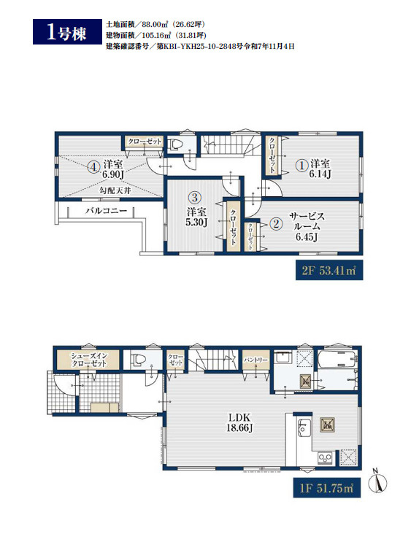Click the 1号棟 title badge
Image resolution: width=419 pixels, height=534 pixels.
[67, 31]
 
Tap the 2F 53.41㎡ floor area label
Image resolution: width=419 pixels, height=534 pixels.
[329, 271]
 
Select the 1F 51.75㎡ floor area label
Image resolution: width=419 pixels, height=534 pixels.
[327, 488]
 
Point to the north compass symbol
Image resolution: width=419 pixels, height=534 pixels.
[378, 481]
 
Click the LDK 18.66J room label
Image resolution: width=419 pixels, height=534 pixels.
[239, 422]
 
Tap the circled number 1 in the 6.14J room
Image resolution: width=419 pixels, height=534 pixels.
[301, 166]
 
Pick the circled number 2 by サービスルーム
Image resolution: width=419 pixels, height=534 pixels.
[276, 224]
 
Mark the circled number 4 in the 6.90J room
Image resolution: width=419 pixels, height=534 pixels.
[93, 167]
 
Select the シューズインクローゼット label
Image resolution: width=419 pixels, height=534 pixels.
[88, 360]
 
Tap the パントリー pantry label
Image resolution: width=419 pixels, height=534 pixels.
[255, 360]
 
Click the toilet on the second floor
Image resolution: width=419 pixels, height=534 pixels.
[175, 144]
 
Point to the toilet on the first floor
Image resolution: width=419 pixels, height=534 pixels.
[139, 360]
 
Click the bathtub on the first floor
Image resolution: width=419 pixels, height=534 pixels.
[338, 360]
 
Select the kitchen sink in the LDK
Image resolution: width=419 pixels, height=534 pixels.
[304, 426]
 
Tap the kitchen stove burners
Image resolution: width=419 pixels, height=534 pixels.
[326, 457]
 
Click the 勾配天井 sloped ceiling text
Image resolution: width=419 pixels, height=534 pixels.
[115, 190]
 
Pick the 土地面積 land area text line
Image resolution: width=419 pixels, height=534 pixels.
[155, 25]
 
